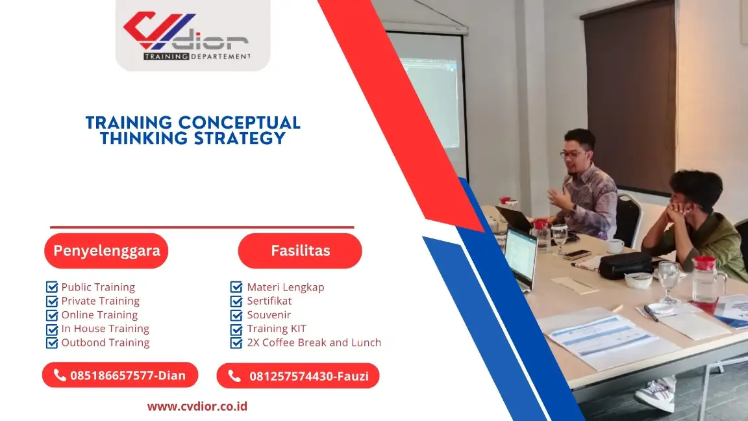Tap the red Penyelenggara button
(106, 251)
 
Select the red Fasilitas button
(300, 251)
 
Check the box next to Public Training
(52, 287)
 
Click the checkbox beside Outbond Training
(52, 342)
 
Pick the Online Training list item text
(99, 315)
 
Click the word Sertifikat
(269, 301)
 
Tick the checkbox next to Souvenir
(236, 315)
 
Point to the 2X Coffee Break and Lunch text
(314, 342)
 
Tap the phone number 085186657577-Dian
(127, 376)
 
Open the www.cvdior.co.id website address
(197, 407)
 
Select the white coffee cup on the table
(614, 246)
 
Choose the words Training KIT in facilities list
(276, 329)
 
